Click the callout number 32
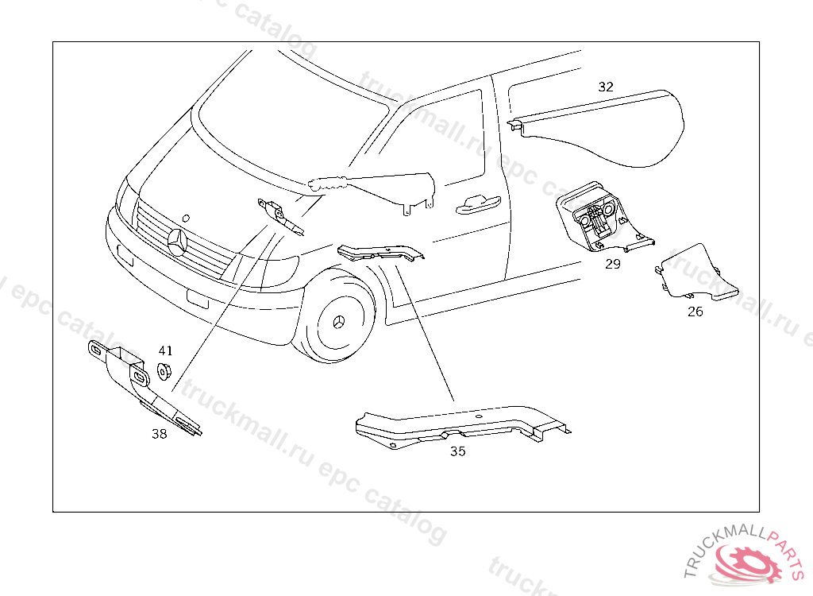pyautogui.click(x=606, y=87)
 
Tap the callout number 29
pyautogui.click(x=612, y=264)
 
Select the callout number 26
pyautogui.click(x=695, y=312)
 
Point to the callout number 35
pyautogui.click(x=457, y=451)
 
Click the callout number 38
pyautogui.click(x=160, y=434)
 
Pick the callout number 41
pyautogui.click(x=165, y=350)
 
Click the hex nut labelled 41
pyautogui.click(x=165, y=371)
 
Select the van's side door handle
pyautogui.click(x=476, y=205)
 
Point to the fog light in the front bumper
pyautogui.click(x=195, y=300)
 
